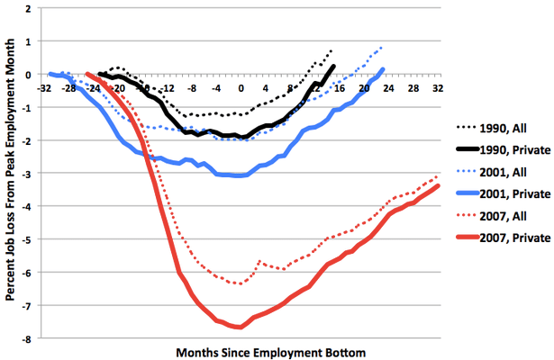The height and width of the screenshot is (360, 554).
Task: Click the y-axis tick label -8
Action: click(30, 339)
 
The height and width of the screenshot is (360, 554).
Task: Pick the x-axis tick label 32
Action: click(438, 88)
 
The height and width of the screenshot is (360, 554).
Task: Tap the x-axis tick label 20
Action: click(364, 88)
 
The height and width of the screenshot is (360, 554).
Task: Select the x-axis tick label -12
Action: click(168, 88)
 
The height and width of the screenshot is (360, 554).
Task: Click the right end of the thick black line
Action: click(333, 66)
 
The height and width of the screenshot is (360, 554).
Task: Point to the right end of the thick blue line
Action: click(383, 69)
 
